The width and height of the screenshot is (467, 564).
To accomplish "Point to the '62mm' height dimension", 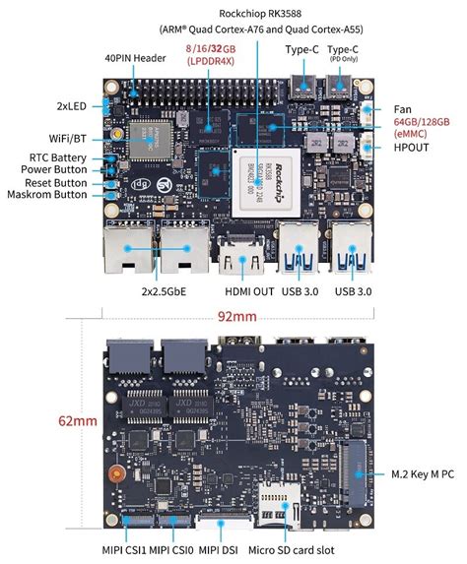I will point(78,421).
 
